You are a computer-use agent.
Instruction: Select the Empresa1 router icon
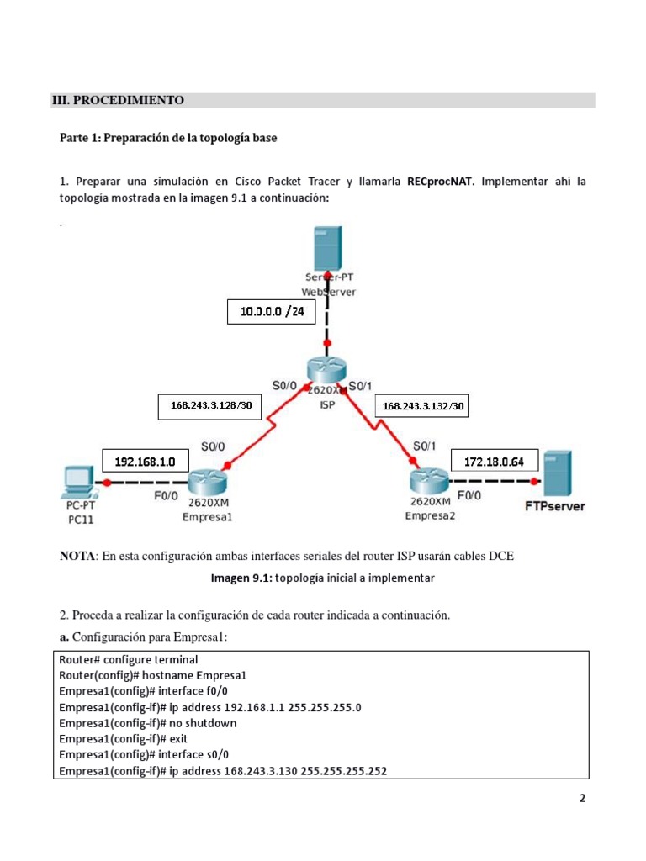coord(206,483)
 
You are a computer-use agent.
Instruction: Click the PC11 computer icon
coord(80,479)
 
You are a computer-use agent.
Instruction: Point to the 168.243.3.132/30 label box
coord(424,407)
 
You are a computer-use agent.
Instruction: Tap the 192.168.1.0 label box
coord(145,462)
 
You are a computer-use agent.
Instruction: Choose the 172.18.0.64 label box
coord(493,462)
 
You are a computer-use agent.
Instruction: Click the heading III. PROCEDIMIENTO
coord(118,101)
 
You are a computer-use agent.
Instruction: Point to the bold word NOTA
coord(77,556)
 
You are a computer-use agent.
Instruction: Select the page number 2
coord(581,799)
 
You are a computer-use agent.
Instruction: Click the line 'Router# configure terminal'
coord(128,660)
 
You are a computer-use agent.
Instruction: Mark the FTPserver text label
coord(554,506)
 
